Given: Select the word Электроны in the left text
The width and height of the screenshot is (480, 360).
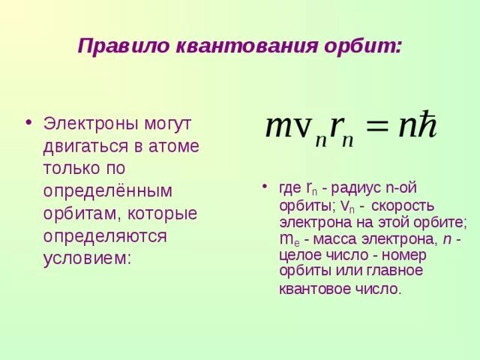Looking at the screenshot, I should (x=88, y=122).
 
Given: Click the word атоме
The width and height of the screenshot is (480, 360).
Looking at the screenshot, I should (x=176, y=145).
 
